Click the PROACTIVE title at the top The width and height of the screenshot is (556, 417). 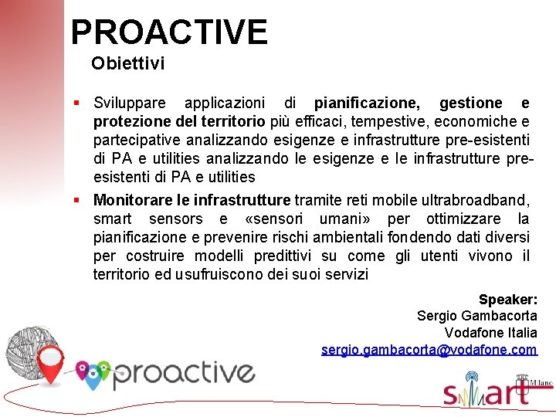169,32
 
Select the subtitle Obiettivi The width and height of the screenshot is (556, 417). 127,63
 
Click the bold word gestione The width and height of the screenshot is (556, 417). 470,103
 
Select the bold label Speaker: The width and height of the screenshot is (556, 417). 507,300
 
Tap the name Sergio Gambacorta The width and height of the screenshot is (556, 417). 476,316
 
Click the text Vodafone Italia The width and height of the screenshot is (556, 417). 490,333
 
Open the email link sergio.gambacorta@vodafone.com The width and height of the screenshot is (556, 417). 429,350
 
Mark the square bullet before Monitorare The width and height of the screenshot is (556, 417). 77,200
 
